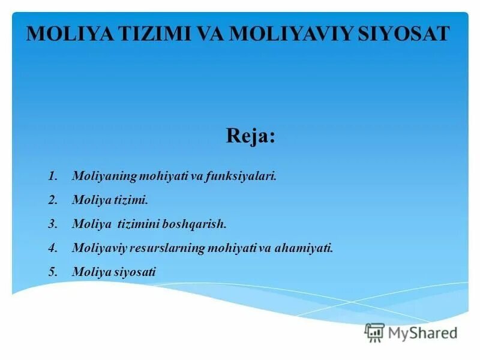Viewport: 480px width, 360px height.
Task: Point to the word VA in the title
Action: click(208, 33)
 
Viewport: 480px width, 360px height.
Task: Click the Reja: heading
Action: click(251, 136)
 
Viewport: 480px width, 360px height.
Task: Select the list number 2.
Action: click(52, 200)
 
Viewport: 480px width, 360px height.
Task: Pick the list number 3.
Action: click(52, 224)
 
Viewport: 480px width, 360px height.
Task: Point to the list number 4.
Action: click(52, 247)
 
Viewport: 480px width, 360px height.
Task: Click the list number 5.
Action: click(52, 271)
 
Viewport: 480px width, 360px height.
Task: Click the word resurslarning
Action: click(170, 247)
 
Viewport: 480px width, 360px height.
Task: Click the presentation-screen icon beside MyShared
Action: click(374, 332)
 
